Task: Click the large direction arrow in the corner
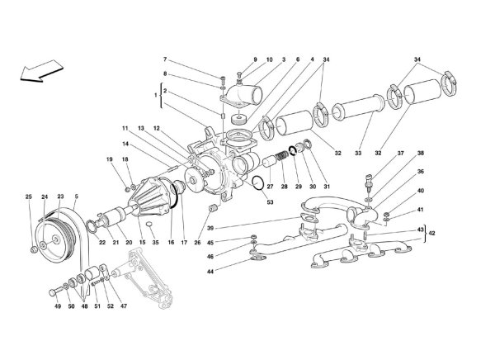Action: point(41,71)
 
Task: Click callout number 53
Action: point(271,202)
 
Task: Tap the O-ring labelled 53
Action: point(258,183)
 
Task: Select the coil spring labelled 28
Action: point(282,157)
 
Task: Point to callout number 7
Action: point(165,59)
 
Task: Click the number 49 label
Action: point(58,306)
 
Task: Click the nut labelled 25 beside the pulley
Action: point(34,250)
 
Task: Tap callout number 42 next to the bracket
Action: point(432,234)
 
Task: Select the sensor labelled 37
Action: point(370,182)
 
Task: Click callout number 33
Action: point(358,153)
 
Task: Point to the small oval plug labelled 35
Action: point(150,225)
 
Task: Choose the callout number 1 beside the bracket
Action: point(155,94)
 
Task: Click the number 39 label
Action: point(210,228)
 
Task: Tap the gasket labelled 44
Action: point(258,258)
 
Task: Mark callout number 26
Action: point(197,243)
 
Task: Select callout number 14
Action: point(125,144)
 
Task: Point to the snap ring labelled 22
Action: point(91,226)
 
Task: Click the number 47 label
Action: point(124,306)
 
